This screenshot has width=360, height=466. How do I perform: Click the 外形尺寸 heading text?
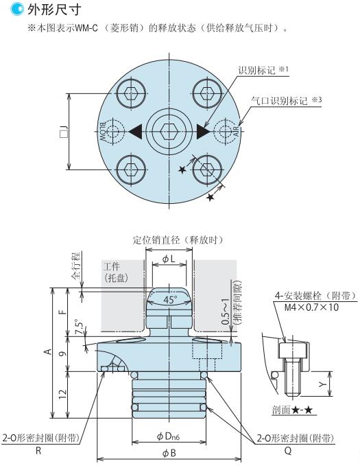pyautogui.click(x=54, y=10)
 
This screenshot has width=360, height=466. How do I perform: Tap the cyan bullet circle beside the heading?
pyautogui.click(x=16, y=9)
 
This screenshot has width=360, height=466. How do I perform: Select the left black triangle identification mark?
pyautogui.click(x=135, y=131)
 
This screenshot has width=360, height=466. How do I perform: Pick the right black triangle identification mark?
pyautogui.click(x=204, y=131)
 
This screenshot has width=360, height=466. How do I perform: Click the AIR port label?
pyautogui.click(x=236, y=131)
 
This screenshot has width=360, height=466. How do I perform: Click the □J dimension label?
pyautogui.click(x=64, y=132)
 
